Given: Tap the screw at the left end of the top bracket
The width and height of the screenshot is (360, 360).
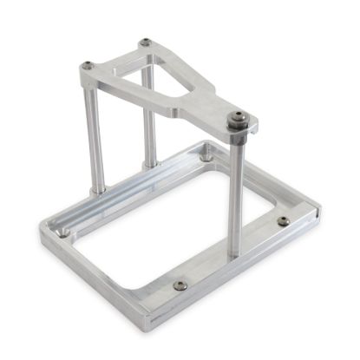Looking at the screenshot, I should (x=88, y=65).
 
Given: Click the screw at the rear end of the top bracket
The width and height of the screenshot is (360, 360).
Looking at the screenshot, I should (x=145, y=42).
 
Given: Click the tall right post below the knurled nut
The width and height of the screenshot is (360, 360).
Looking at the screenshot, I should (x=235, y=191).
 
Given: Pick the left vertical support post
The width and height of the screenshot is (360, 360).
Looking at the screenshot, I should (x=94, y=139).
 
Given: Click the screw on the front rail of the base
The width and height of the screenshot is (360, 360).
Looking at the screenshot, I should (x=180, y=285).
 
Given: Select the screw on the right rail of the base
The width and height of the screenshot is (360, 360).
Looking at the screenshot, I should (x=283, y=220).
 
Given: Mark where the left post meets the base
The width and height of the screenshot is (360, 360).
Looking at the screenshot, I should (x=96, y=188).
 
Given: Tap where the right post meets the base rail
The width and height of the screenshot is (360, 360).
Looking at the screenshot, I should (x=235, y=252).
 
